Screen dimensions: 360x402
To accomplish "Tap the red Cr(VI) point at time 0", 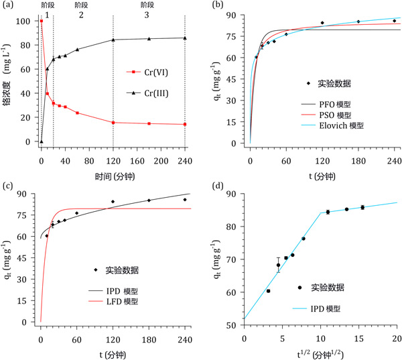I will coord(42,21).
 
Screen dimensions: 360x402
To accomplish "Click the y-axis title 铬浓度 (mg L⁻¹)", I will coord(9,80).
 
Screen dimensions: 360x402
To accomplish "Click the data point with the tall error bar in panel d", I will coord(278,265).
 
